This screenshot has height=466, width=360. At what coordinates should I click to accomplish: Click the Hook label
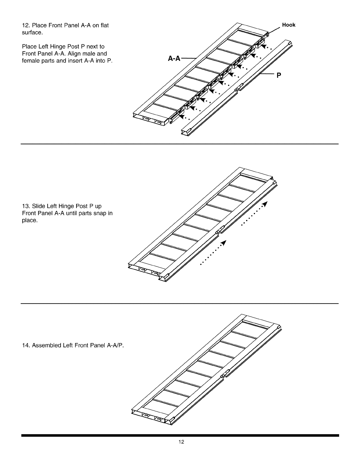pyautogui.click(x=289, y=25)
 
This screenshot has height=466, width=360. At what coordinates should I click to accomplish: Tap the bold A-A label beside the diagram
pyautogui.click(x=174, y=59)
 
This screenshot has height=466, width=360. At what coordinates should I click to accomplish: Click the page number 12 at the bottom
pyautogui.click(x=181, y=442)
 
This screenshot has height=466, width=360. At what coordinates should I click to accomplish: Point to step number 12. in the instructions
pyautogui.click(x=26, y=25)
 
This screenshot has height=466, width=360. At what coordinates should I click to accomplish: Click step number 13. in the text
pyautogui.click(x=26, y=206)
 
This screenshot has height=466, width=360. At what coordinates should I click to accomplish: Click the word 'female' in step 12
pyautogui.click(x=29, y=61)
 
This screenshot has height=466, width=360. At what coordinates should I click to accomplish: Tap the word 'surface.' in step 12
pyautogui.click(x=32, y=32)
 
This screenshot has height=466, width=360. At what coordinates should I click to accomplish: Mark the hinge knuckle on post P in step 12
pyautogui.click(x=239, y=87)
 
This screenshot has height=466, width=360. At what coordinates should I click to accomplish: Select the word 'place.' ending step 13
pyautogui.click(x=30, y=220)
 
